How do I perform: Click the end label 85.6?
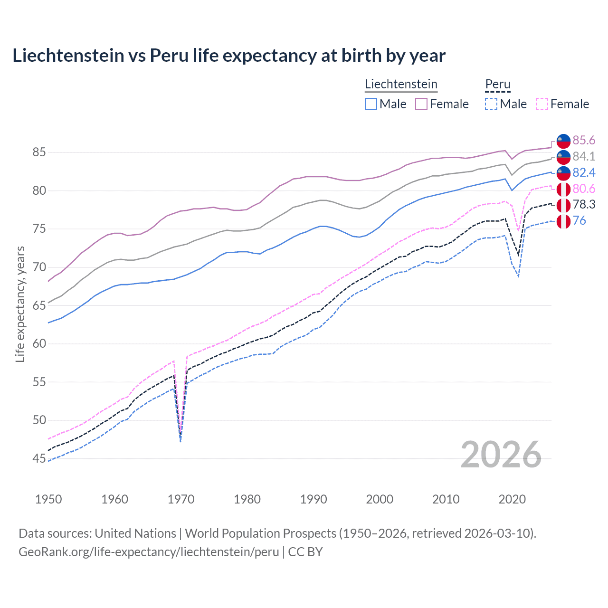[x=584, y=140]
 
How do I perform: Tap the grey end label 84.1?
[x=584, y=156]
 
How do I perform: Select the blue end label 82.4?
[x=584, y=172]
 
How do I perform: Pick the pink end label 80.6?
[x=584, y=189]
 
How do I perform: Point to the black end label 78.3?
[x=584, y=205]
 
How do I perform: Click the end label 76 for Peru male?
[x=579, y=220]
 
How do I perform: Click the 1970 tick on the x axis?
[x=181, y=499]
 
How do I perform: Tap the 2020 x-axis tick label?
[x=512, y=499]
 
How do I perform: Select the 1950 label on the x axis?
[x=48, y=499]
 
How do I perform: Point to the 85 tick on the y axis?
[x=39, y=152]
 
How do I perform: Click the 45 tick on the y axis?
[x=39, y=458]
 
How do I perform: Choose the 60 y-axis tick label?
[x=39, y=343]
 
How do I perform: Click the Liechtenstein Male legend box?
[x=371, y=104]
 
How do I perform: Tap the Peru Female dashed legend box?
[x=542, y=104]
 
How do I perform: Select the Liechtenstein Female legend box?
[x=421, y=104]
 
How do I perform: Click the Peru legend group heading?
[x=497, y=85]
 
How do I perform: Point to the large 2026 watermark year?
[x=501, y=455]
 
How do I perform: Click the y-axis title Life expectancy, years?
[x=20, y=304]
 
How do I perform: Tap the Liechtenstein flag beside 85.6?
[x=563, y=141]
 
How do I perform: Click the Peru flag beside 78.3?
[x=563, y=205]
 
